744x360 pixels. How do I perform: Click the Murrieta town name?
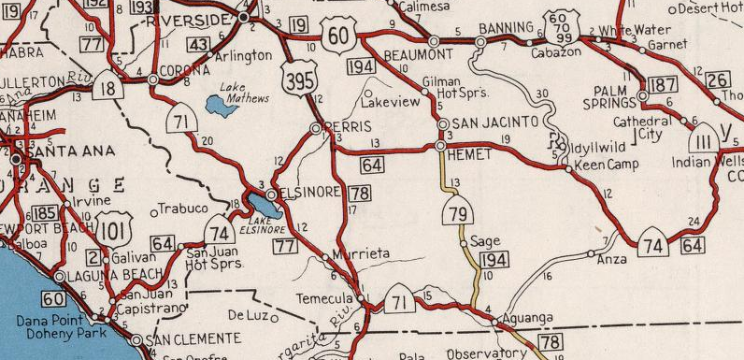362,252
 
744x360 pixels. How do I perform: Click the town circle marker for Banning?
480,42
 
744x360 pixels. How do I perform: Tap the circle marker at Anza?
591,253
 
